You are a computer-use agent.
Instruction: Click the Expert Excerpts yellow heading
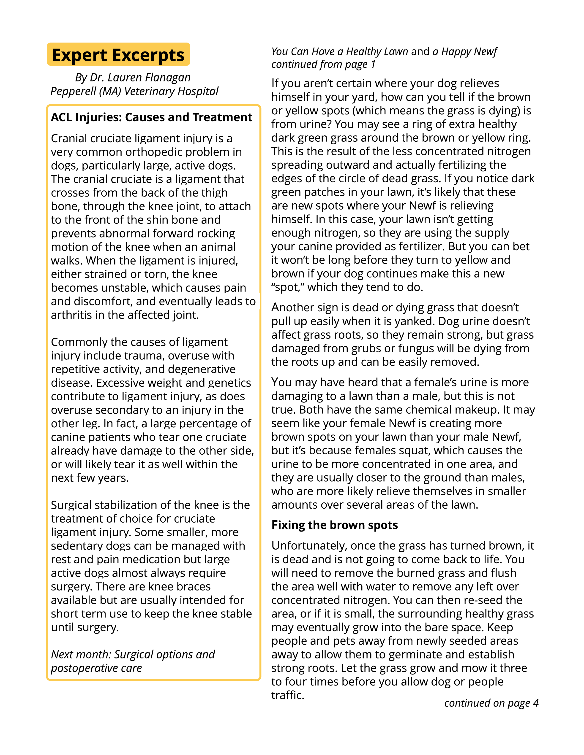[x=118, y=55]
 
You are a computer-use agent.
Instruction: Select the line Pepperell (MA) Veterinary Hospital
[x=134, y=91]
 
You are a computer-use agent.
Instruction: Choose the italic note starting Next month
[x=133, y=661]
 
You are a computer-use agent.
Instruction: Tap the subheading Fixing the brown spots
[x=335, y=525]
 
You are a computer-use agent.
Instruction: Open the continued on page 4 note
[x=491, y=703]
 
